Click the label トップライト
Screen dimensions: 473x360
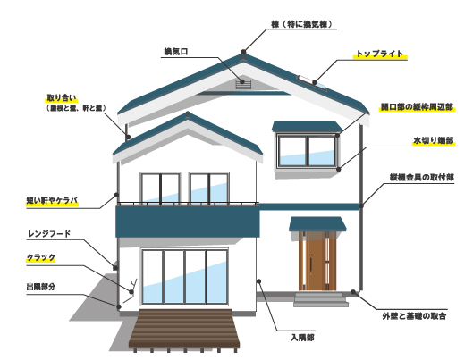pyautogui.click(x=380, y=54)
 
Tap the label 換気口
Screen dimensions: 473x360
pyautogui.click(x=176, y=52)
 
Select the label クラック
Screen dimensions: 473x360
pyautogui.click(x=41, y=257)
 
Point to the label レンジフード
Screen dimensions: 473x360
pyautogui.click(x=49, y=234)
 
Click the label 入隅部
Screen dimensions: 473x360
pyautogui.click(x=302, y=338)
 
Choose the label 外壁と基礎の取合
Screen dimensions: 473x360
pyautogui.click(x=414, y=316)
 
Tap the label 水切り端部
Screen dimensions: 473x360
pyautogui.click(x=434, y=140)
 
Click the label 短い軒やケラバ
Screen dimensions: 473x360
pyautogui.click(x=52, y=201)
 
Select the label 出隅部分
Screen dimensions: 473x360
pyautogui.click(x=41, y=287)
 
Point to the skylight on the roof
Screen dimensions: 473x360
pyautogui.click(x=312, y=82)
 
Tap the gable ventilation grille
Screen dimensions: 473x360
pyautogui.click(x=243, y=84)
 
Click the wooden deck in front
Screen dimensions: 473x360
pyautogui.click(x=184, y=329)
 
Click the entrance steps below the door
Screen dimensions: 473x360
pyautogui.click(x=321, y=299)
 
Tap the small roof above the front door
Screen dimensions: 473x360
pyautogui.click(x=317, y=224)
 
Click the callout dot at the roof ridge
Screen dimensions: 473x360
pyautogui.click(x=243, y=52)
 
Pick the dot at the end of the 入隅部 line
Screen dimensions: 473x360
pyautogui.click(x=258, y=281)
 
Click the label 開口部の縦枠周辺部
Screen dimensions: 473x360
pyautogui.click(x=417, y=107)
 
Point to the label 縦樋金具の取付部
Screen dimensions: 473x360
pyautogui.click(x=422, y=178)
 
